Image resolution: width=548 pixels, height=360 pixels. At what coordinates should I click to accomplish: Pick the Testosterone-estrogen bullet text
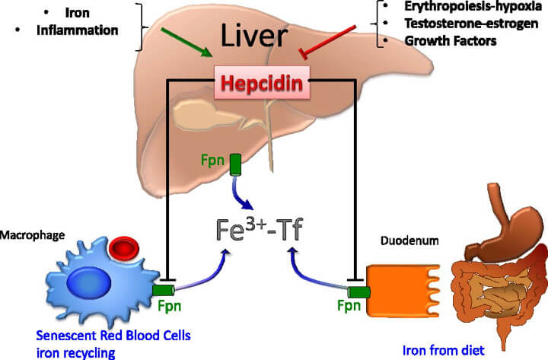[x=452, y=24]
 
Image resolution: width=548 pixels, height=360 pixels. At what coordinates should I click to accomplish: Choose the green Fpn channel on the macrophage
[x=162, y=291]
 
